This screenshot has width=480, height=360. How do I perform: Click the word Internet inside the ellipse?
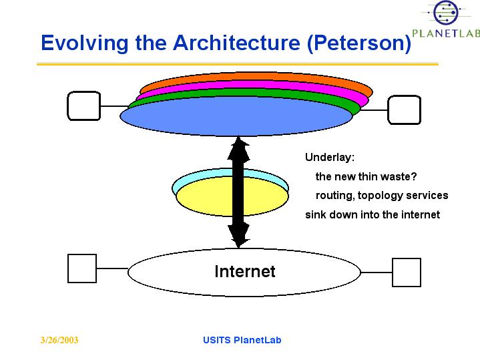pyautogui.click(x=244, y=271)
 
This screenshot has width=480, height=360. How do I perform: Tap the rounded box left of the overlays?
pyautogui.click(x=83, y=106)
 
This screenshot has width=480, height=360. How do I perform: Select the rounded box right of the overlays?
pyautogui.click(x=405, y=110)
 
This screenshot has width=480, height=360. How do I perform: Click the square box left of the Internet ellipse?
pyautogui.click(x=82, y=268)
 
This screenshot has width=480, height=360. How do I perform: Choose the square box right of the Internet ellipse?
pyautogui.click(x=406, y=273)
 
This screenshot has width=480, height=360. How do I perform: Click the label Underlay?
pyautogui.click(x=330, y=158)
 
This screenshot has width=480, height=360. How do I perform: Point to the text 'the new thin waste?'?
pyautogui.click(x=366, y=176)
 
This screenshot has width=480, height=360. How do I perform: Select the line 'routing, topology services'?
pyautogui.click(x=381, y=196)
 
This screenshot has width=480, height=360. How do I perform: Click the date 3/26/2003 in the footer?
pyautogui.click(x=59, y=340)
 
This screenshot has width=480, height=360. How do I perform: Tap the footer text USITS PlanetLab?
pyautogui.click(x=242, y=340)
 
